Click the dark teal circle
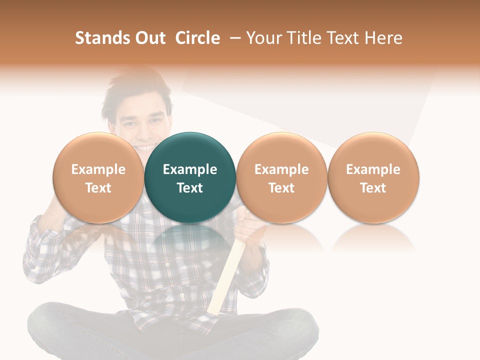tap(190, 177)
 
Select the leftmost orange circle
tap(98, 177)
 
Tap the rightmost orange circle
tap(373, 177)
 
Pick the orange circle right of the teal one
tap(281, 177)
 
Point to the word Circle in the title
tap(197, 38)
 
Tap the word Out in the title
tap(149, 38)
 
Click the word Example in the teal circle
tap(190, 169)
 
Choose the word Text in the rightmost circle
tap(373, 188)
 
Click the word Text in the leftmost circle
tap(98, 188)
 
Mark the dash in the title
tap(233, 38)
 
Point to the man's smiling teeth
tap(145, 148)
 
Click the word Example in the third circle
tap(281, 169)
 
